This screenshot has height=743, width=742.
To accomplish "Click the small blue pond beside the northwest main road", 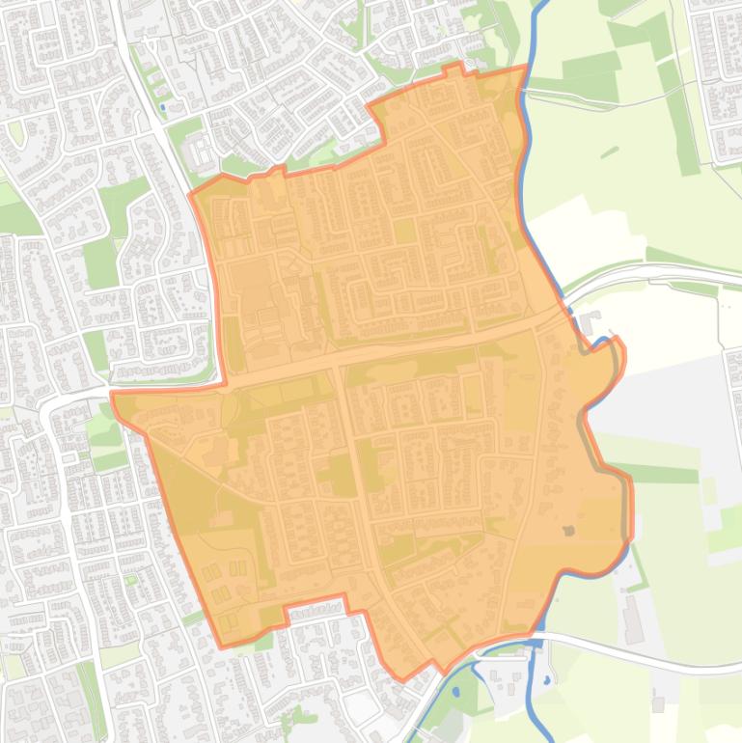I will point(162,107).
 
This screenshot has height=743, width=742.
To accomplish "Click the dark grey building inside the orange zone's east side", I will point(568,530).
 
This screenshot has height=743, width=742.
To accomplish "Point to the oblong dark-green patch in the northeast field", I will point(609,151).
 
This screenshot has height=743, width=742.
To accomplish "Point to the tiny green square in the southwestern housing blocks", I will point(130,579).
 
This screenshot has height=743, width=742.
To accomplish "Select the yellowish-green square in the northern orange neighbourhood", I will point(405,231).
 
